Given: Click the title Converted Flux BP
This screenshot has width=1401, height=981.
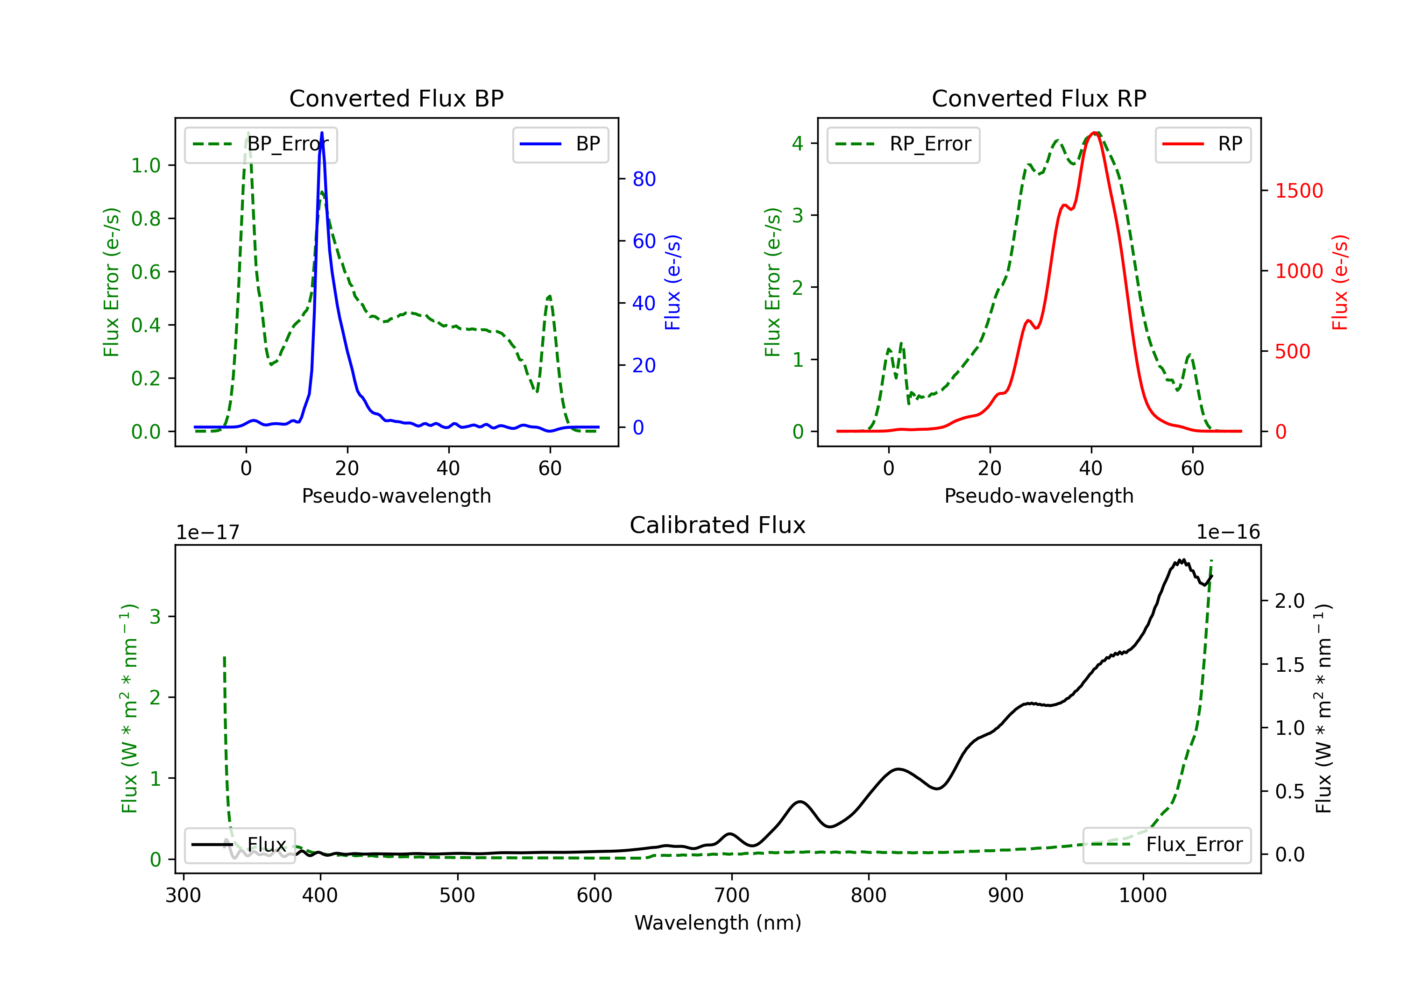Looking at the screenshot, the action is tap(396, 98).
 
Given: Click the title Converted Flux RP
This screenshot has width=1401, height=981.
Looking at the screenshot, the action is tap(1039, 98).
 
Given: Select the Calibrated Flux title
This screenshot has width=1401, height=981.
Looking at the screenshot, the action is tap(718, 525).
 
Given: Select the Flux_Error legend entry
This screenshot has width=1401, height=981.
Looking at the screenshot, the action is tap(1167, 845).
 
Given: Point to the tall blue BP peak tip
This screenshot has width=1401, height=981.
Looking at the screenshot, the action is tap(322, 133).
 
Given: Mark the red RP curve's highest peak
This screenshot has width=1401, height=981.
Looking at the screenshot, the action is tap(1095, 133).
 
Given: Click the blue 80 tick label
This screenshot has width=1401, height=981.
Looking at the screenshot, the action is tap(644, 179).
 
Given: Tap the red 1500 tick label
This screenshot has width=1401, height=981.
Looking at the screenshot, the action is tap(1299, 191).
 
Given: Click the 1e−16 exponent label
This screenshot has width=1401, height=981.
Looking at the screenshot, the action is tap(1228, 533).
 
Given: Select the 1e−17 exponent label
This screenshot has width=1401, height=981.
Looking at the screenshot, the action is tap(208, 533).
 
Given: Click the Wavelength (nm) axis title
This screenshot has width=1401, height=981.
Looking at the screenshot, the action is tap(718, 923).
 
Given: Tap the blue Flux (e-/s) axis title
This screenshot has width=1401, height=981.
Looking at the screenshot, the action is tap(672, 283).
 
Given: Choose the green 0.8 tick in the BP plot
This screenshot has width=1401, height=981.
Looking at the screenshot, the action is tap(146, 219).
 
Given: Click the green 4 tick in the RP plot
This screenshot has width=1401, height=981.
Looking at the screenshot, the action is tap(798, 143).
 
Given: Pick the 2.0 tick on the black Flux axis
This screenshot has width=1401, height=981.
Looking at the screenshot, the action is tap(1290, 601).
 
